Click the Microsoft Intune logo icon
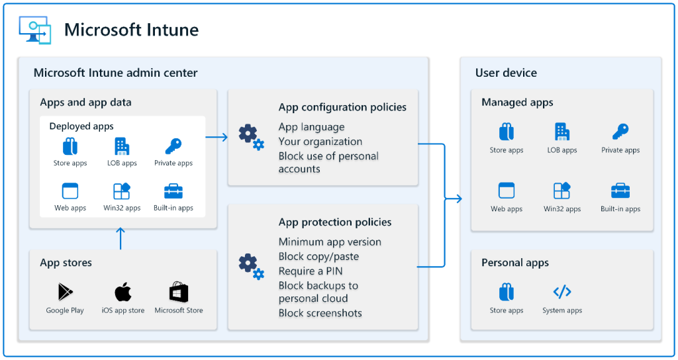click(x=34, y=30)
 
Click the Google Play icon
click(x=65, y=292)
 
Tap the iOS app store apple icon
click(x=122, y=292)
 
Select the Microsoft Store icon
click(x=179, y=292)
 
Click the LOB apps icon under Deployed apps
click(x=122, y=146)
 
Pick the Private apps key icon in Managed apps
click(x=620, y=132)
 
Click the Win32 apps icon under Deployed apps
click(x=122, y=191)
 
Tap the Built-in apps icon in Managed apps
click(x=620, y=191)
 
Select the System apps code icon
click(x=562, y=292)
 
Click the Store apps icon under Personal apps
click(x=507, y=292)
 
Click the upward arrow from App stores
click(x=121, y=238)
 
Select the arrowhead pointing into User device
click(x=458, y=199)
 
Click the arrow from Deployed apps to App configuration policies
click(x=217, y=137)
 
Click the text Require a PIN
click(x=311, y=271)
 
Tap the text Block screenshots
click(x=320, y=313)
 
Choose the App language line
click(x=311, y=127)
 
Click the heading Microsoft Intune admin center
click(x=115, y=73)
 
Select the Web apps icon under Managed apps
click(x=507, y=191)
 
